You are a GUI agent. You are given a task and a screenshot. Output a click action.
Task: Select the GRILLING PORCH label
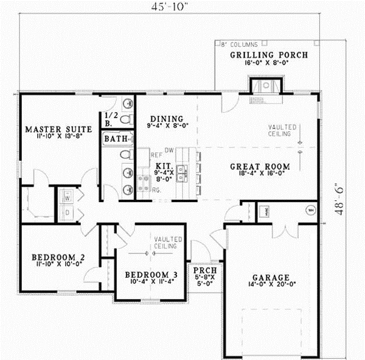[268, 55]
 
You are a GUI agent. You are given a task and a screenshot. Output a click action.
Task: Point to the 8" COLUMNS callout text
[240, 44]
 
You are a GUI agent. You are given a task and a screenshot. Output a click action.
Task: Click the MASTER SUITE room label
[58, 129]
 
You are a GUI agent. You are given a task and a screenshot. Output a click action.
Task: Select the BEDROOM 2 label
[58, 258]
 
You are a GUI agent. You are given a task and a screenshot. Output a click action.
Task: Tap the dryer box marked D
[66, 213]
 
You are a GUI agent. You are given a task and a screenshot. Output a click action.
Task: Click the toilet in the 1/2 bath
[126, 118]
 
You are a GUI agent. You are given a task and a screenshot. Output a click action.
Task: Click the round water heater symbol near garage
[310, 211]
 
